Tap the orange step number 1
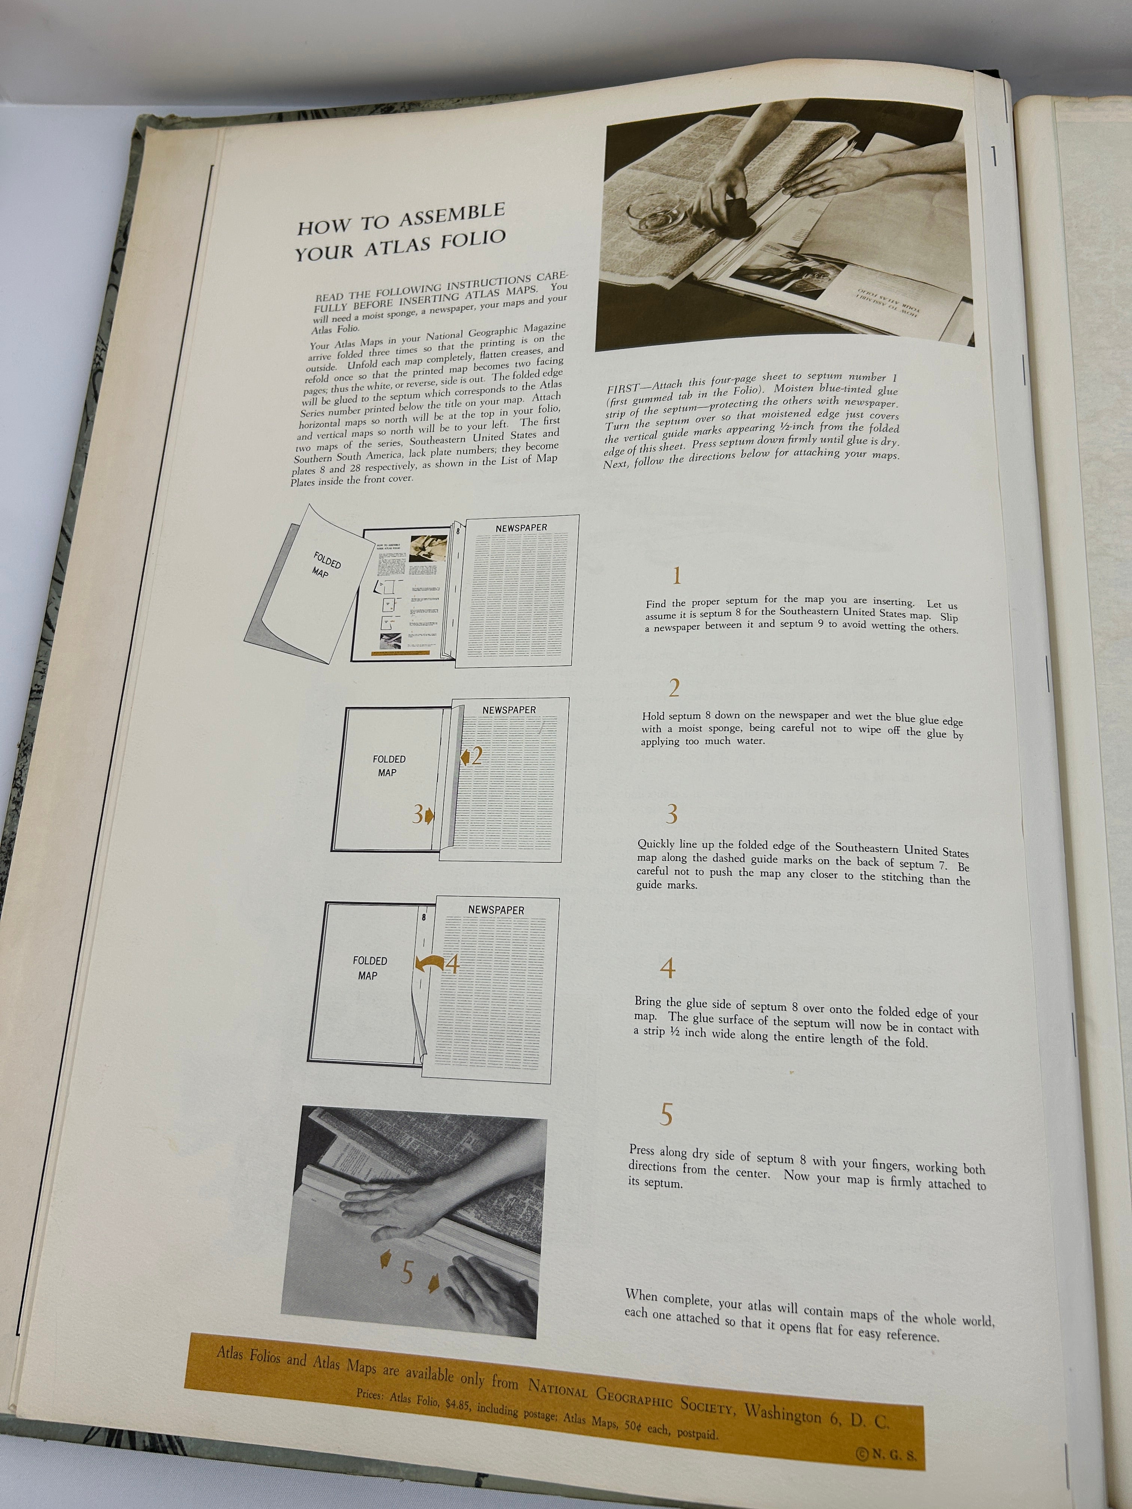[676, 576]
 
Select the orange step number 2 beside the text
[674, 689]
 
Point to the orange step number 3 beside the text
[672, 814]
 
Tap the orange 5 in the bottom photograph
[407, 1272]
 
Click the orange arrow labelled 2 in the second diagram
[472, 755]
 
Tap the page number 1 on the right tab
[994, 157]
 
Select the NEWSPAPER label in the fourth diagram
[496, 910]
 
